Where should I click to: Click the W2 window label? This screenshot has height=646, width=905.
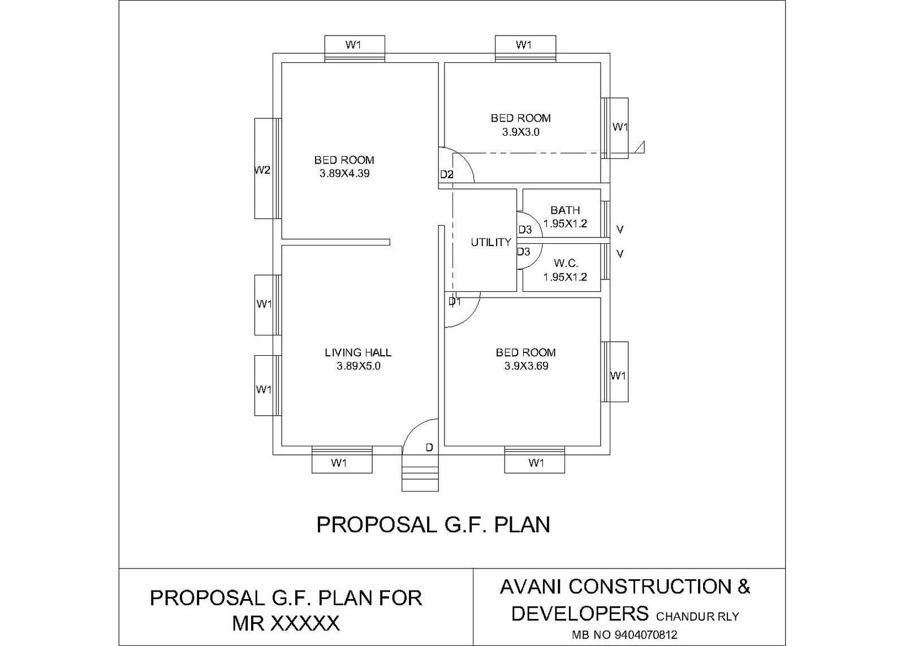pyautogui.click(x=262, y=170)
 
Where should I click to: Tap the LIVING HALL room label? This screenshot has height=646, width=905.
pyautogui.click(x=358, y=352)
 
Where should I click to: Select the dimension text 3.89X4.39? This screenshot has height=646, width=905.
pyautogui.click(x=344, y=174)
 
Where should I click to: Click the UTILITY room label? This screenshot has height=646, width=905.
pyautogui.click(x=491, y=242)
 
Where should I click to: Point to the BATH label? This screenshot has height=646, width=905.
pyautogui.click(x=565, y=210)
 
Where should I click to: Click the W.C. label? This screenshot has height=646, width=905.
pyautogui.click(x=566, y=263)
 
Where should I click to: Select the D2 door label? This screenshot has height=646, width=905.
pyautogui.click(x=447, y=175)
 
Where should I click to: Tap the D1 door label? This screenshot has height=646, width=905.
pyautogui.click(x=455, y=302)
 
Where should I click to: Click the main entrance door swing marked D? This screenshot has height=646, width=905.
pyautogui.click(x=421, y=436)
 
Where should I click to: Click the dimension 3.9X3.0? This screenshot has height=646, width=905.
pyautogui.click(x=520, y=132)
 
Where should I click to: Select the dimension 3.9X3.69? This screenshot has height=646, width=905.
pyautogui.click(x=526, y=366)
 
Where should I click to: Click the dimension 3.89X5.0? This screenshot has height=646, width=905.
pyautogui.click(x=358, y=366)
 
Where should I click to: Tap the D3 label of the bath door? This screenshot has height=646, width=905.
pyautogui.click(x=525, y=230)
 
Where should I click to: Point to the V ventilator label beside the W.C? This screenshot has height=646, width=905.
pyautogui.click(x=620, y=254)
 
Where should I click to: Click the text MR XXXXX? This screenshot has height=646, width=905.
pyautogui.click(x=286, y=623)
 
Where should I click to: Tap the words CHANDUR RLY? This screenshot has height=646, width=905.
pyautogui.click(x=697, y=617)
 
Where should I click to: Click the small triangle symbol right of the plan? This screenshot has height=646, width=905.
pyautogui.click(x=640, y=147)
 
